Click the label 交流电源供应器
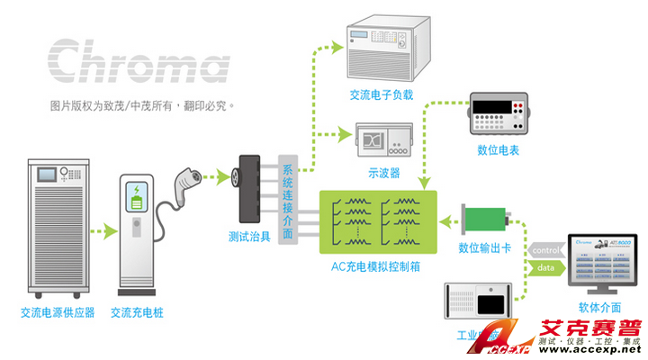[x=58, y=313]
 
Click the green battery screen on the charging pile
[x=137, y=195]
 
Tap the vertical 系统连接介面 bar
[x=287, y=202]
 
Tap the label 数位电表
[x=498, y=150]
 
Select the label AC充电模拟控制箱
[x=378, y=267]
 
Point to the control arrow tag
[x=546, y=249]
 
